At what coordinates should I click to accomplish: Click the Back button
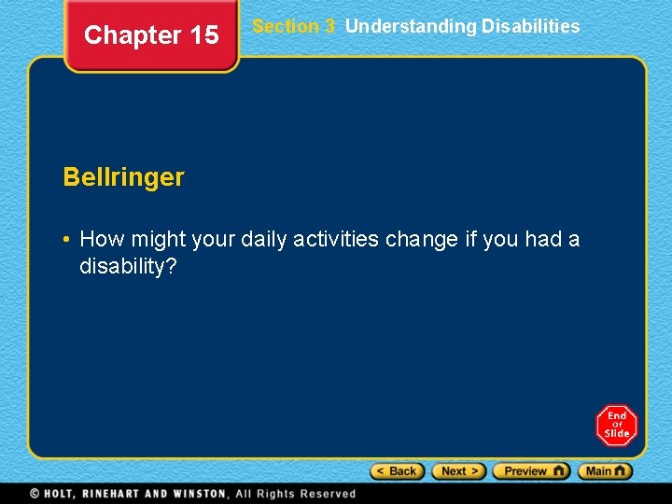pyautogui.click(x=398, y=471)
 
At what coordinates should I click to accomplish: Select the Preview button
pyautogui.click(x=531, y=471)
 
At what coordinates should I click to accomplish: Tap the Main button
pyautogui.click(x=605, y=471)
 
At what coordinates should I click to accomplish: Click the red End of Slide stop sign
pyautogui.click(x=616, y=426)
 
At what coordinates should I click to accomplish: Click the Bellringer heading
pyautogui.click(x=123, y=177)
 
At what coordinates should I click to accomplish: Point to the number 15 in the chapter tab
pyautogui.click(x=203, y=35)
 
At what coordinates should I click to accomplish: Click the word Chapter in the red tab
pyautogui.click(x=132, y=35)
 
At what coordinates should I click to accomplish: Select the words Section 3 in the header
pyautogui.click(x=293, y=26)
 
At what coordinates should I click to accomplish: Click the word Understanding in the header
pyautogui.click(x=411, y=26)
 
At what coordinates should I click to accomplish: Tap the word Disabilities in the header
pyautogui.click(x=530, y=26)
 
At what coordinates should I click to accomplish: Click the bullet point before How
pyautogui.click(x=67, y=240)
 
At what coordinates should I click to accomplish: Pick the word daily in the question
pyautogui.click(x=264, y=240)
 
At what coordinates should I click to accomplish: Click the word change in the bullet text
pyautogui.click(x=422, y=240)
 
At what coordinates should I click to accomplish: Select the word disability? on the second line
pyautogui.click(x=128, y=267)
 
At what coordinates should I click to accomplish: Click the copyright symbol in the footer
pyautogui.click(x=35, y=494)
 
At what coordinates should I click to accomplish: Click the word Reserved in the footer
pyautogui.click(x=326, y=494)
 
